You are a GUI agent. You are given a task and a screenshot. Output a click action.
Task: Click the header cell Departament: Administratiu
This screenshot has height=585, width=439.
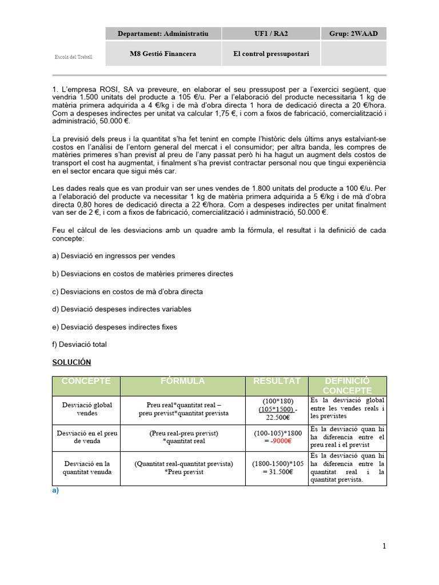tap(163, 34)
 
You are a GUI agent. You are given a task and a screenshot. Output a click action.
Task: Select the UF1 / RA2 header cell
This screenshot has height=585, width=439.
tap(271, 34)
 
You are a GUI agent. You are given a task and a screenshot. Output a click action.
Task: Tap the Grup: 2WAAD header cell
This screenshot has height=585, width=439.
tap(353, 34)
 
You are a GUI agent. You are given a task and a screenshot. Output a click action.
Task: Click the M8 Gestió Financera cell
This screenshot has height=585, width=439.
tap(163, 54)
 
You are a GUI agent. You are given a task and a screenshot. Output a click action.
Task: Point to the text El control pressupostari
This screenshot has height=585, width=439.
tap(271, 54)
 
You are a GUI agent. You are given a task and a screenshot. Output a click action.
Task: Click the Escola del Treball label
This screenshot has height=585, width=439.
tap(73, 57)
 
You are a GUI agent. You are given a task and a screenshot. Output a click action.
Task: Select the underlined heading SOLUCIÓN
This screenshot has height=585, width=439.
tap(71, 362)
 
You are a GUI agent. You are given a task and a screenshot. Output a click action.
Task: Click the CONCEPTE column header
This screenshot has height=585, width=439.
tap(86, 381)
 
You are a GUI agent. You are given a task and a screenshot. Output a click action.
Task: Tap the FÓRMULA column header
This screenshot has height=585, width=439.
tap(182, 381)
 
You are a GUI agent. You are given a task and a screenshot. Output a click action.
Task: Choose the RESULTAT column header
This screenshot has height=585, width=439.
tap(277, 381)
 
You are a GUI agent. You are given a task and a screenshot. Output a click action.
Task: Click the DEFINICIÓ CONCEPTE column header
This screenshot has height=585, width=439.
tap(347, 386)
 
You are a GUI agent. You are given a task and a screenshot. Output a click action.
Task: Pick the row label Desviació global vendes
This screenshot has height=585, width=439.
tap(86, 408)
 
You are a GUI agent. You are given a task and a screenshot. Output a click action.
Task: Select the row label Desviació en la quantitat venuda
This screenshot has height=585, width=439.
tap(86, 468)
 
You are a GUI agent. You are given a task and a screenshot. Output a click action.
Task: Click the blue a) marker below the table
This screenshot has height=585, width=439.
tap(55, 490)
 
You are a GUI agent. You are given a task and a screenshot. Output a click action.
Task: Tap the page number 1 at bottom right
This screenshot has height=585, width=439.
tap(384, 546)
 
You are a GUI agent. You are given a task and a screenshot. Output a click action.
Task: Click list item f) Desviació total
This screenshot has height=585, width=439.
tap(79, 344)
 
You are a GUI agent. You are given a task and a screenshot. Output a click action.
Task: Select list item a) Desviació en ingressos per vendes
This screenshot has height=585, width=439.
tap(113, 256)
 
